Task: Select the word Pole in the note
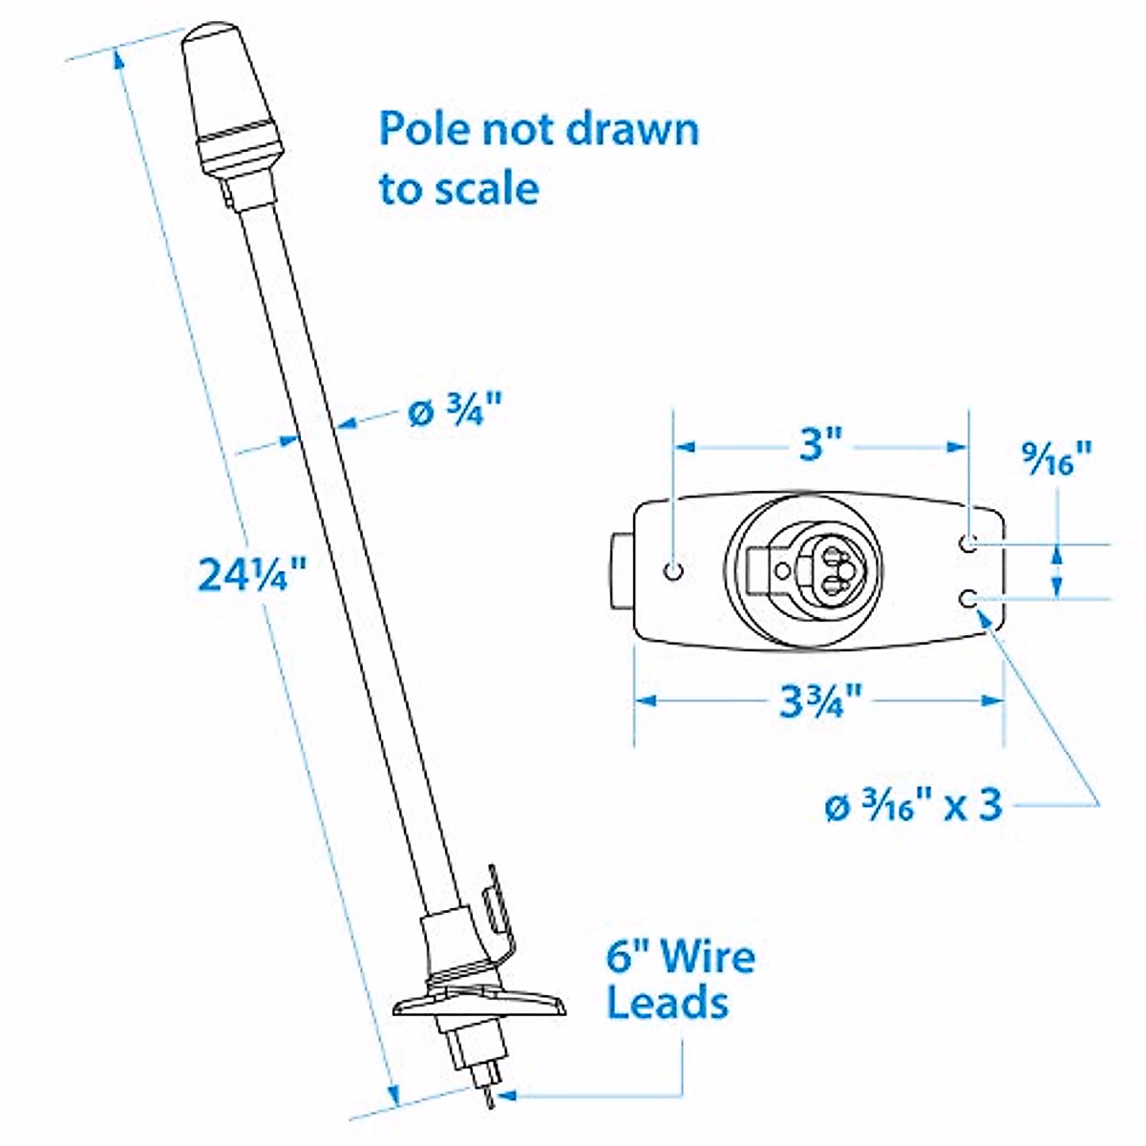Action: pos(422,129)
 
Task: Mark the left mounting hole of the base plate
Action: pos(674,571)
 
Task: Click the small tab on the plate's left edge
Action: pos(620,570)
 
